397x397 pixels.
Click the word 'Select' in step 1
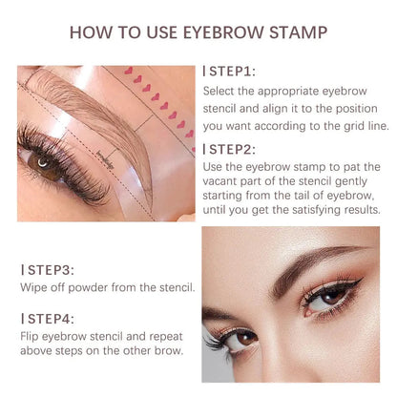pos(220,91)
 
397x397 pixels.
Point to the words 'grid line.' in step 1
pos(347,124)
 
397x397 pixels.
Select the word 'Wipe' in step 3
pos(32,287)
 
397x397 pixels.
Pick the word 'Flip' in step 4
pos(30,334)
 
